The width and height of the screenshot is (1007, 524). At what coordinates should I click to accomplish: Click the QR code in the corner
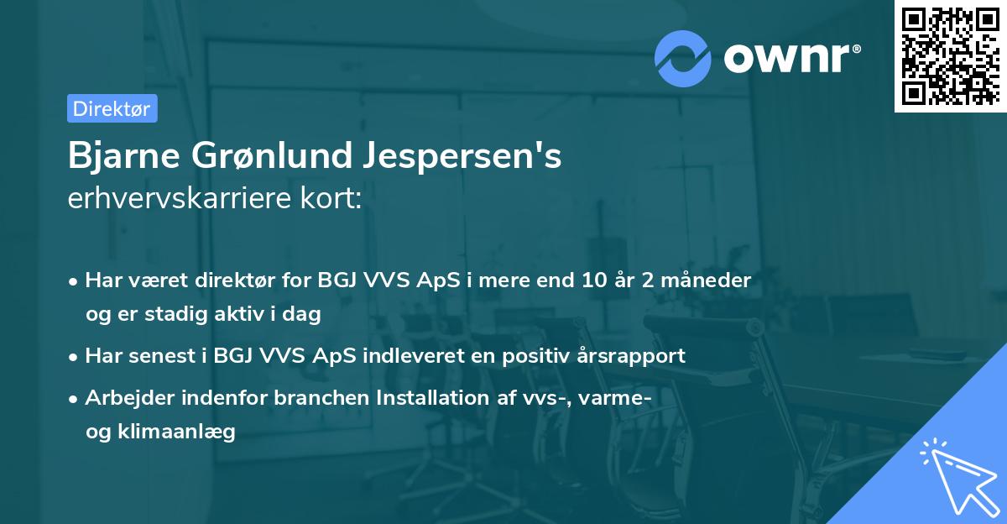tap(950, 56)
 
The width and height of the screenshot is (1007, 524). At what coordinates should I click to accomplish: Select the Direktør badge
tap(112, 108)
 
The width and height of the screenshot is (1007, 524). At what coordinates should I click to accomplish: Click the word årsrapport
tap(635, 355)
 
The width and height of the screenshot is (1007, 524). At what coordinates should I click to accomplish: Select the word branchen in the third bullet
tap(313, 397)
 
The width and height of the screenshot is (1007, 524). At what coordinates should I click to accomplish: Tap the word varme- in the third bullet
tap(613, 397)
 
